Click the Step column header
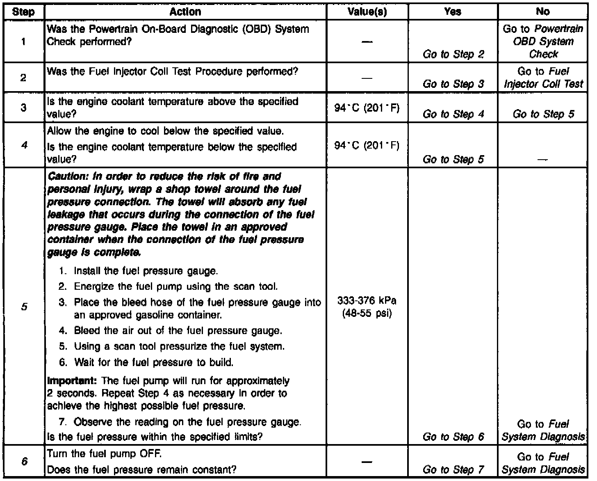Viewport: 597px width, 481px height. click(x=24, y=12)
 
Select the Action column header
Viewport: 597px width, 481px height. click(x=185, y=12)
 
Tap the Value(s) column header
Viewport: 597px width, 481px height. click(x=367, y=12)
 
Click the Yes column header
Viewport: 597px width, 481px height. click(x=453, y=12)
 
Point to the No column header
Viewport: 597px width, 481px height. click(x=542, y=12)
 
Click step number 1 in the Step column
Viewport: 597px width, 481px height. click(x=24, y=41)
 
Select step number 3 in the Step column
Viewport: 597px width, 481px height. click(x=24, y=108)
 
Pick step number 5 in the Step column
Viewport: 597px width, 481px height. click(x=24, y=307)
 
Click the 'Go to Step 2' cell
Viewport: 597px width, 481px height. click(x=453, y=54)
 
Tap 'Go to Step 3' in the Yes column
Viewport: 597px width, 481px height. click(x=453, y=84)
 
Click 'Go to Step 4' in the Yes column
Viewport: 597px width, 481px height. click(x=453, y=114)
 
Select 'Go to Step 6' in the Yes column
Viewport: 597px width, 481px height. click(x=453, y=437)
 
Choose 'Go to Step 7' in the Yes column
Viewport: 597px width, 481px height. click(x=453, y=469)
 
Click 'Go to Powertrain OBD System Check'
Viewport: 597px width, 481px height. click(x=543, y=41)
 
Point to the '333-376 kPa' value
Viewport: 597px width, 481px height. click(x=367, y=301)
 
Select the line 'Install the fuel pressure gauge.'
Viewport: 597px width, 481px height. click(x=146, y=271)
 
